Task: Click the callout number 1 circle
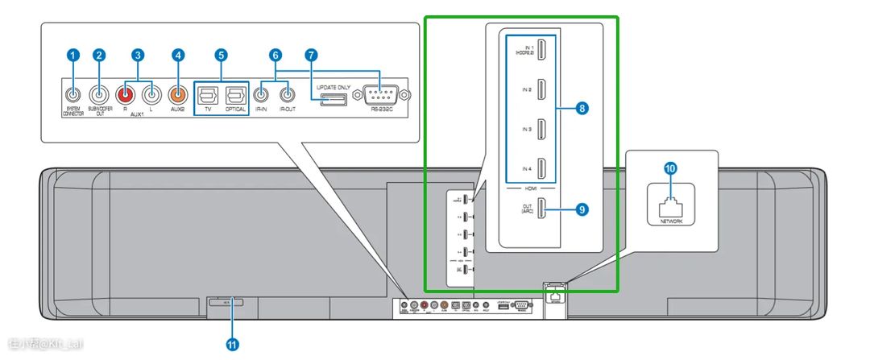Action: coord(73,55)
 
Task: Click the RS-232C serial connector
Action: coord(379,95)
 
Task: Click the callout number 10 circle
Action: coord(669,168)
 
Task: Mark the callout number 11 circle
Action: coord(233,343)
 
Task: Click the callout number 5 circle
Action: coord(222,55)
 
